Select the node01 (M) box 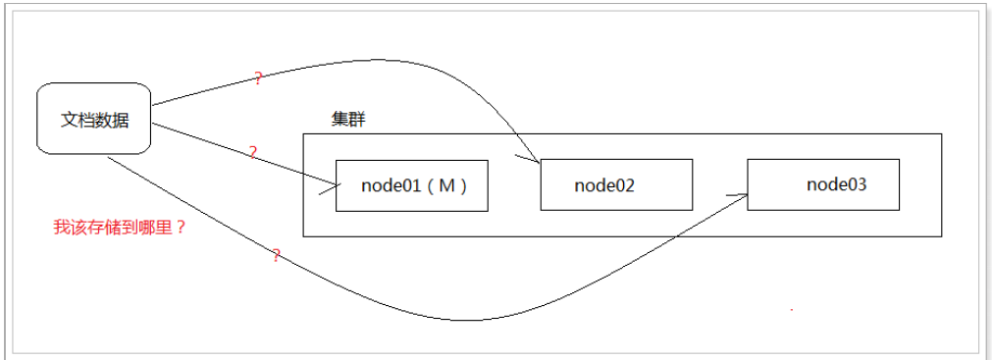coord(411,185)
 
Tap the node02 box coord(616,183)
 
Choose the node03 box coord(822,183)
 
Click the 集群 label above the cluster coord(348,120)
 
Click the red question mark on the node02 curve coord(258,78)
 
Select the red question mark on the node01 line coord(252,153)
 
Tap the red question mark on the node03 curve coord(276,256)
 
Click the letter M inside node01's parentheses coord(446,186)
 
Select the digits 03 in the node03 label coord(857,183)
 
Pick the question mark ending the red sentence coord(182,228)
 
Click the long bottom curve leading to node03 coord(471,319)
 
